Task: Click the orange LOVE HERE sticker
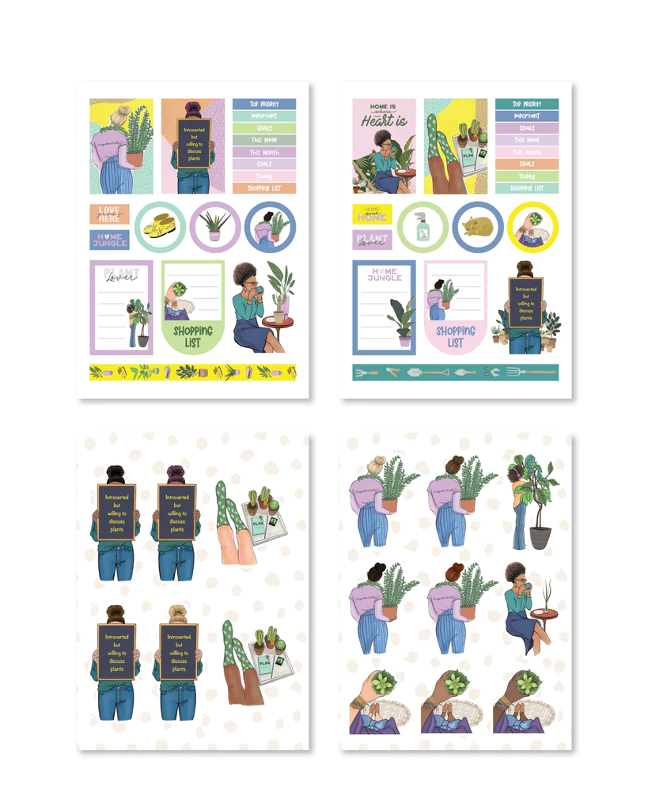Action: coord(109,214)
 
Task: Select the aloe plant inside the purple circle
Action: coord(214,226)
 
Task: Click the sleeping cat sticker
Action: coord(478,228)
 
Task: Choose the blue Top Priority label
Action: coord(264,104)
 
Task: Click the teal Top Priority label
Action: coord(527,104)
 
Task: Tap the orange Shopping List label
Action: coord(264,188)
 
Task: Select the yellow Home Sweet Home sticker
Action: coord(372,214)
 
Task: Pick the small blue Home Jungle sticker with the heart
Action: coord(109,240)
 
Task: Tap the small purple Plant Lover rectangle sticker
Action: coord(372,240)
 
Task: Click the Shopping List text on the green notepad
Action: coord(193,337)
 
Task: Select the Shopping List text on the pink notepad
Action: coord(456,337)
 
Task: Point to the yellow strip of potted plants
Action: coord(193,372)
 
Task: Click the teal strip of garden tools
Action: coord(456,372)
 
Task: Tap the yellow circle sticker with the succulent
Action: coord(533,228)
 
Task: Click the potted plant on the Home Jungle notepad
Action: coord(403,320)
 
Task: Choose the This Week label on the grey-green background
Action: coord(264,140)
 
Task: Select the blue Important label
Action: coord(527,115)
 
